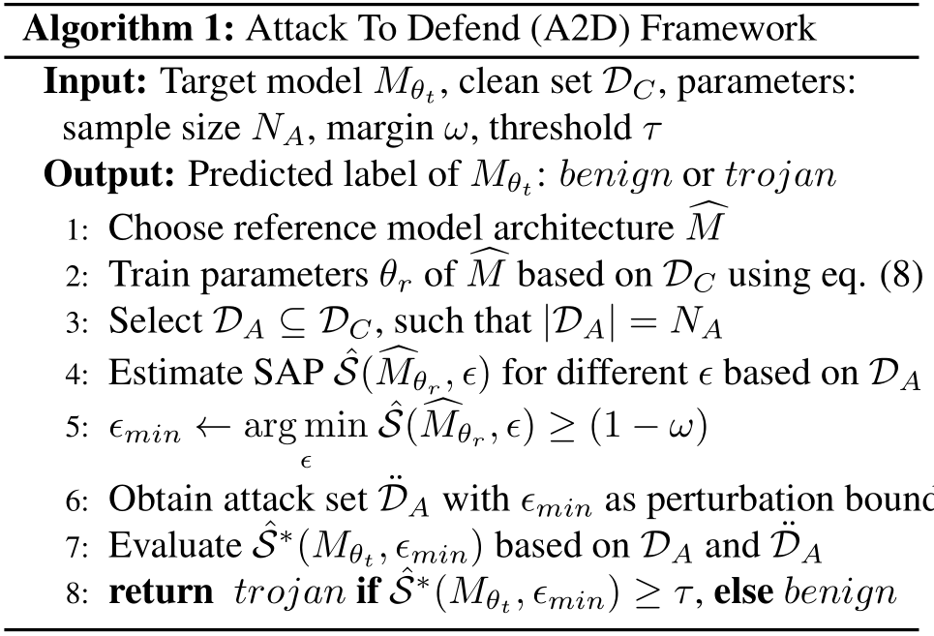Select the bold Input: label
click(95, 83)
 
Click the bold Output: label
click(109, 175)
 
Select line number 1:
click(76, 229)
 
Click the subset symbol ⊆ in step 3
click(290, 322)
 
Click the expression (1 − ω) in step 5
click(648, 426)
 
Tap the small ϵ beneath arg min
click(306, 462)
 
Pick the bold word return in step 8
click(161, 592)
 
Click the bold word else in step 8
click(742, 591)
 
